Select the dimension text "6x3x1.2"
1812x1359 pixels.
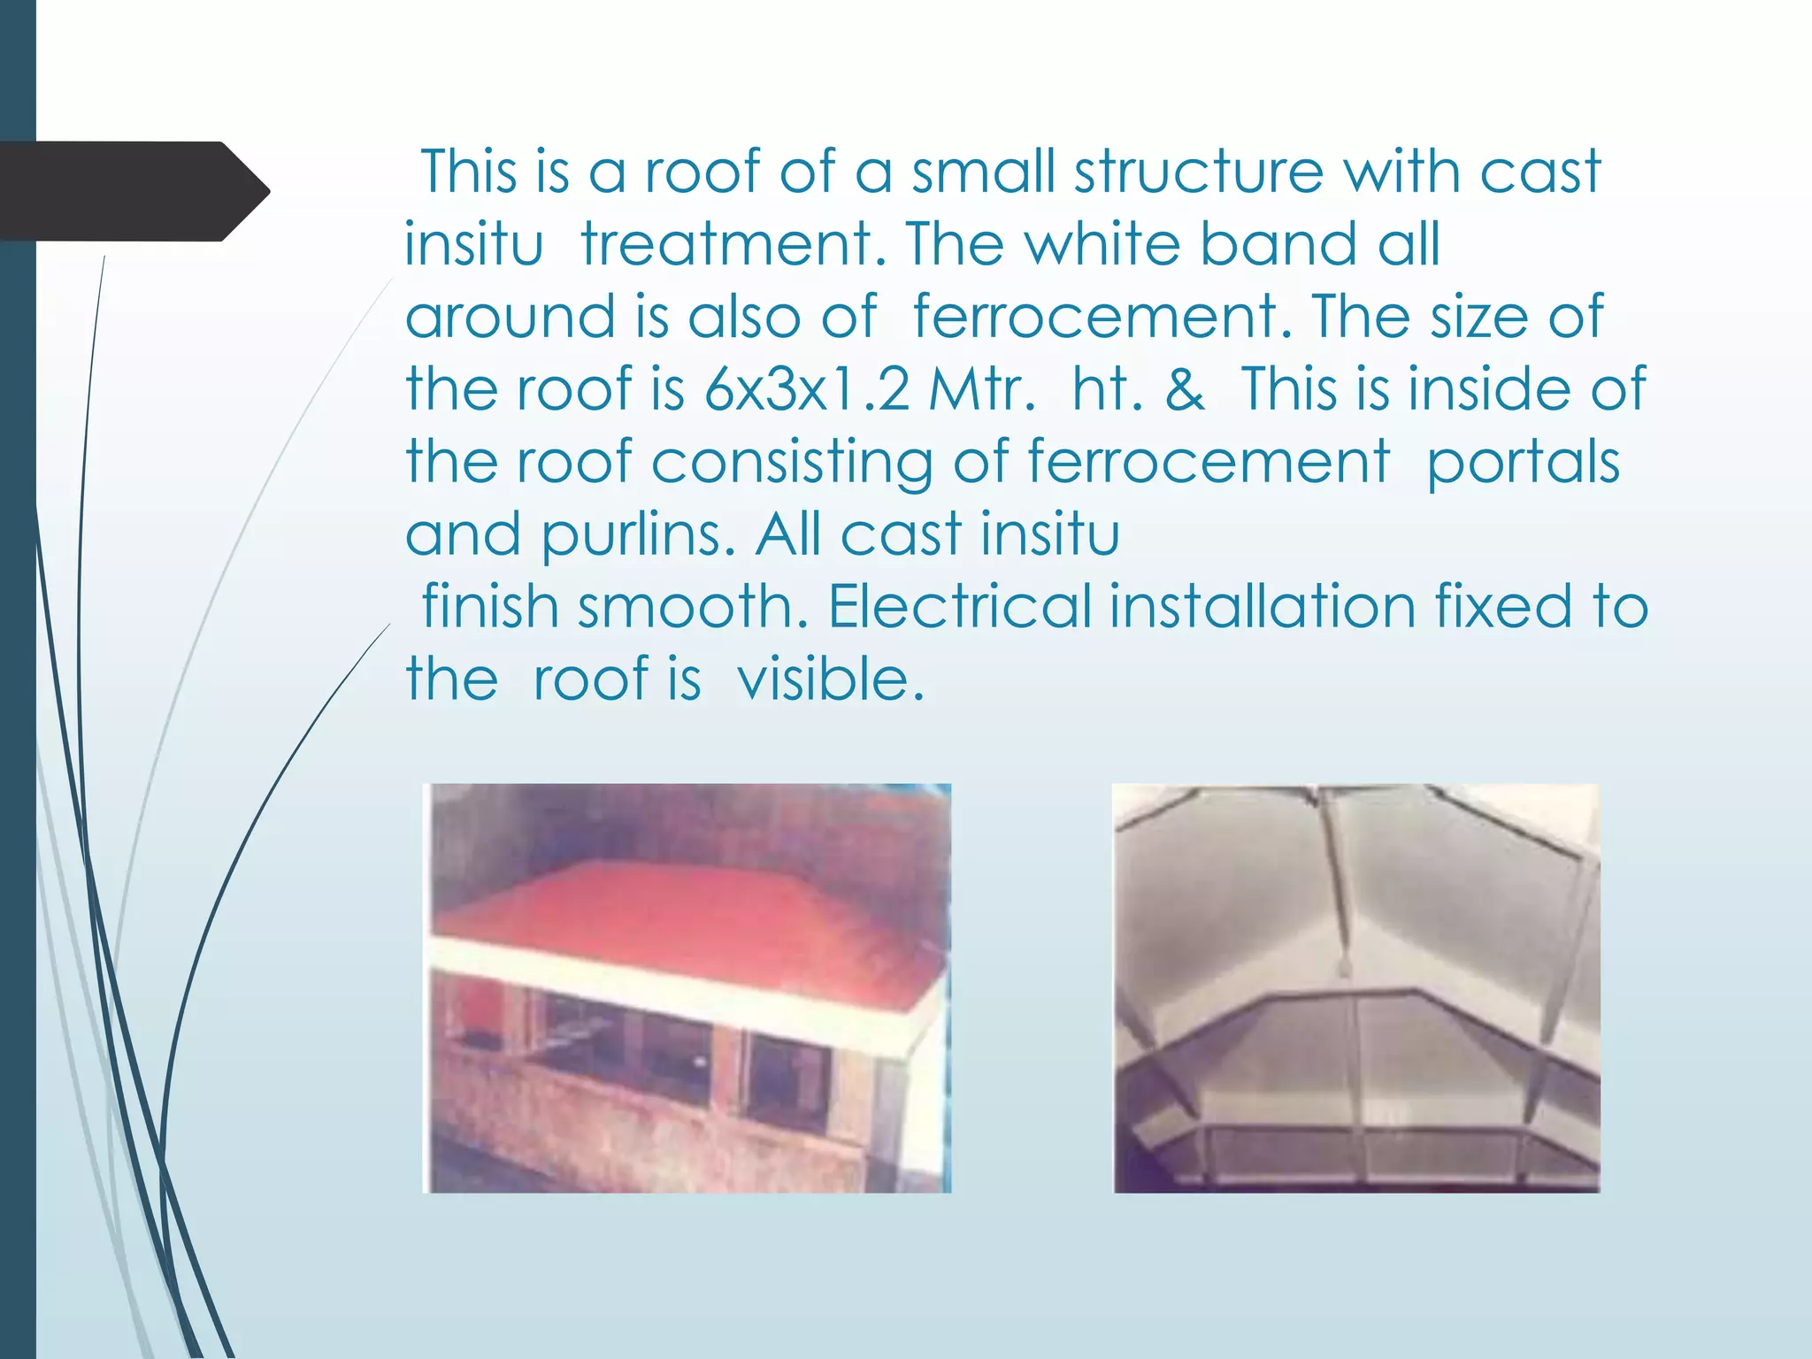pyautogui.click(x=806, y=388)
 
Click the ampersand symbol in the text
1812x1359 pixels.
pyautogui.click(x=1185, y=388)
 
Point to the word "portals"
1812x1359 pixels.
pyautogui.click(x=1523, y=463)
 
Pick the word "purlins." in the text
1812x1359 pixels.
pyautogui.click(x=638, y=535)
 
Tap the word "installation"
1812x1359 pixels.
pyautogui.click(x=1263, y=607)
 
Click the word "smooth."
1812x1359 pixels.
pyautogui.click(x=693, y=607)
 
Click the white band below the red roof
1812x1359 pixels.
pyautogui.click(x=672, y=991)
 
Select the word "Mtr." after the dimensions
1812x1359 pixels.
pyautogui.click(x=981, y=388)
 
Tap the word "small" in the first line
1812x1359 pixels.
pyautogui.click(x=983, y=171)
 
